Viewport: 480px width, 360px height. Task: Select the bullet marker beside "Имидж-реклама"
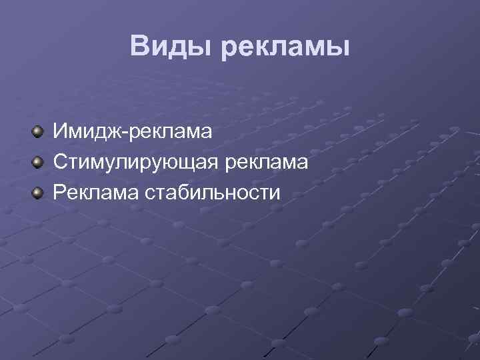pos(39,131)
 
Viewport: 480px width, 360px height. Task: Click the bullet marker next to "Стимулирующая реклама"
pos(39,162)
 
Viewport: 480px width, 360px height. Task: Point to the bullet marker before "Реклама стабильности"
pos(39,193)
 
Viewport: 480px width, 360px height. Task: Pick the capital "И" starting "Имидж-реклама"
pos(61,131)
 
